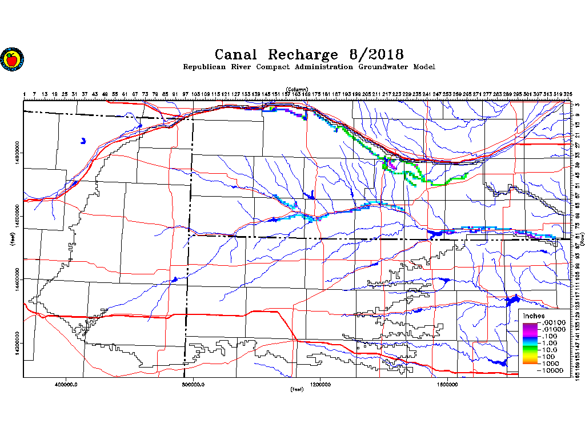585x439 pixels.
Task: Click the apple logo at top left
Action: click(11, 59)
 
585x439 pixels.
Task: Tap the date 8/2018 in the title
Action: click(375, 55)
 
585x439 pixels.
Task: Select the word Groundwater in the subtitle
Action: click(383, 67)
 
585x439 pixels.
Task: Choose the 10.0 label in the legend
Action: click(549, 350)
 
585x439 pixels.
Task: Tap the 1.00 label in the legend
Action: click(549, 343)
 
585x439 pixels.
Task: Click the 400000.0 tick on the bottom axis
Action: click(67, 384)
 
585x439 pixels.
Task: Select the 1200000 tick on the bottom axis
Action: click(320, 384)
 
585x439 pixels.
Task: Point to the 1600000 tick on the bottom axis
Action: click(448, 384)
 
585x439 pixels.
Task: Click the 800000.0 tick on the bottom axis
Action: click(194, 384)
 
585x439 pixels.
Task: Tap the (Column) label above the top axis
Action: click(297, 90)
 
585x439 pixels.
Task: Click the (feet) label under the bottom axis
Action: click(297, 390)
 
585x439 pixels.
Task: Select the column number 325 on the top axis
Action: click(568, 94)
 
